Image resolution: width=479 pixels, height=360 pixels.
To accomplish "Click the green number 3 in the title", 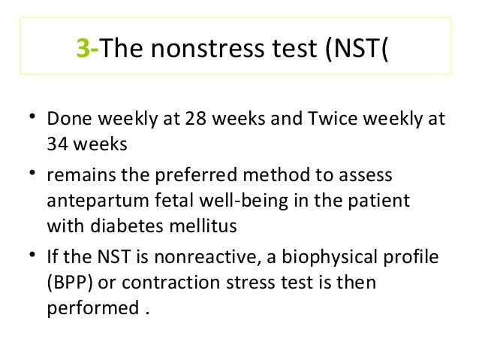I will click(82, 50).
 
